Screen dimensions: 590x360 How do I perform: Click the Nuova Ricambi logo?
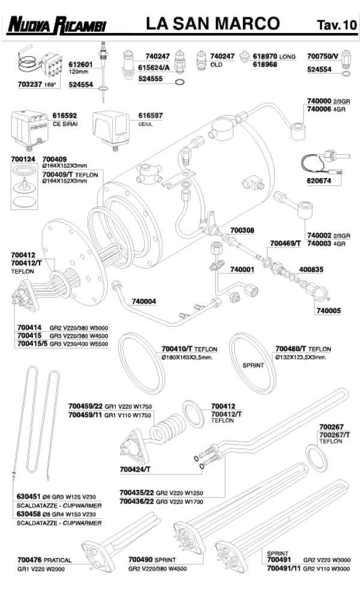click(56, 25)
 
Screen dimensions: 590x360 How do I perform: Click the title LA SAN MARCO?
click(213, 24)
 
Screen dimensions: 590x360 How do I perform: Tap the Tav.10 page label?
click(336, 25)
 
